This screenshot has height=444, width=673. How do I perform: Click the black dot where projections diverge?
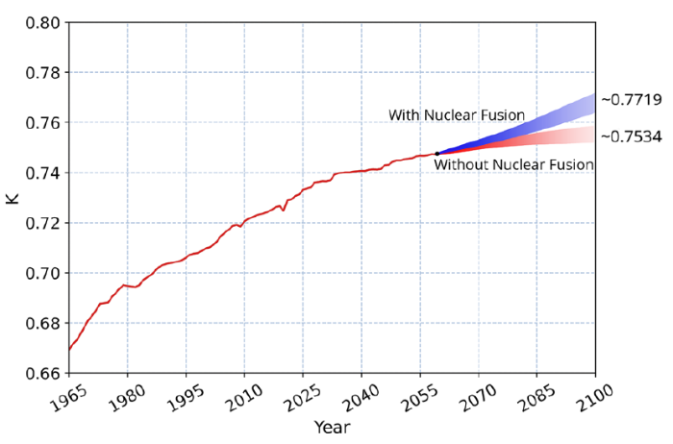[436, 154]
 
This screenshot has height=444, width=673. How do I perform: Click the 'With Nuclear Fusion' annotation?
[457, 115]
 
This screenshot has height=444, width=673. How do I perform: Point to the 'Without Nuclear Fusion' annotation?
[513, 165]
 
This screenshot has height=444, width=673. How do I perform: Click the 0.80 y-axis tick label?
[44, 23]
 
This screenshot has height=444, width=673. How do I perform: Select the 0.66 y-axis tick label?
[44, 373]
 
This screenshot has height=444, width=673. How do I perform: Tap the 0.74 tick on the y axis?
[44, 173]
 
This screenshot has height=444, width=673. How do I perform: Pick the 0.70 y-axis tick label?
[44, 273]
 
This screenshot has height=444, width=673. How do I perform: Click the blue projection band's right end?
[592, 103]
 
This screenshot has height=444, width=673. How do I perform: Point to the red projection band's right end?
[592, 135]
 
